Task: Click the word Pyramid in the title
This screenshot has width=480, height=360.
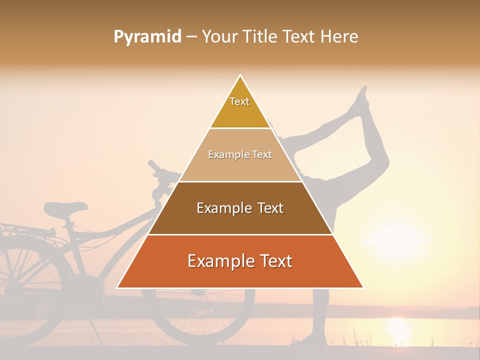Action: [147, 37]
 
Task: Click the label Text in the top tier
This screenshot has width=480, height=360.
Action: [239, 101]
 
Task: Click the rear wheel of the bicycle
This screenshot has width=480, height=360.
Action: [30, 285]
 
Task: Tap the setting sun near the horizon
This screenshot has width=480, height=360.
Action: [397, 327]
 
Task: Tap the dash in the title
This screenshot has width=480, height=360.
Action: [191, 37]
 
